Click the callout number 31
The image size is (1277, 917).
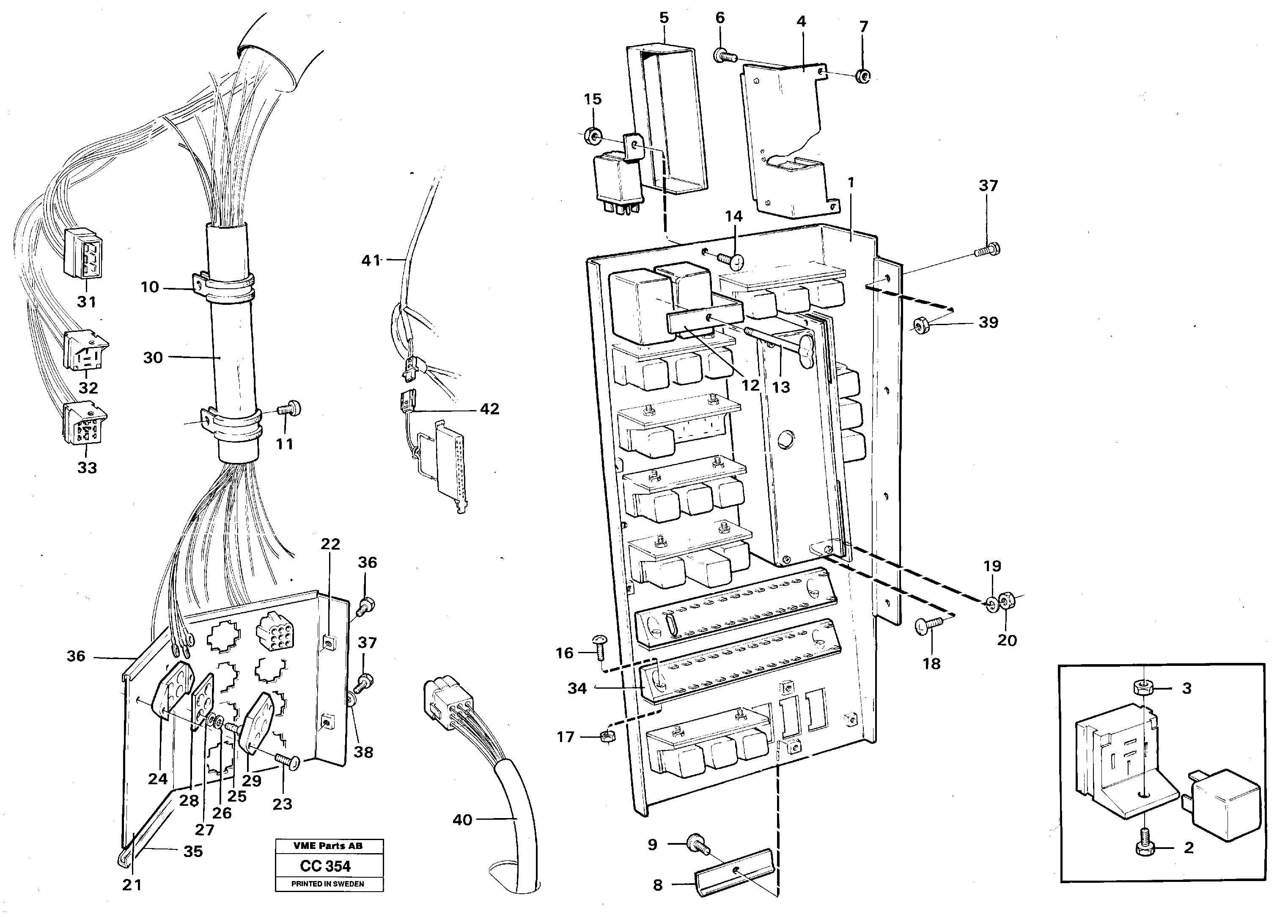click(87, 302)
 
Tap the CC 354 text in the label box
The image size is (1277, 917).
click(325, 866)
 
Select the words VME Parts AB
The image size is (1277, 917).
click(328, 846)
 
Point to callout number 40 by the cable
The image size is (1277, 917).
click(462, 820)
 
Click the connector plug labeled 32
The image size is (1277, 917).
click(85, 350)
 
